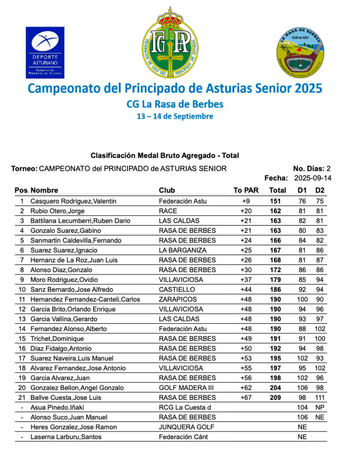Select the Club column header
167,190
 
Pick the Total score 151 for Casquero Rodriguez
275,201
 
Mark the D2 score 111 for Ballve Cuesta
320,397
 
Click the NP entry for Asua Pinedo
320,407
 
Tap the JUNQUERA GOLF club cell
186,427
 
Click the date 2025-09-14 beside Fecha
312,178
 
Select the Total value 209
275,397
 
